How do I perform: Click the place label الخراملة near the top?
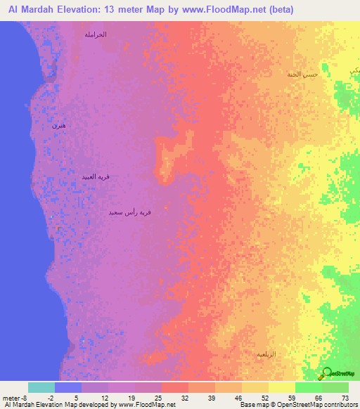click(95, 34)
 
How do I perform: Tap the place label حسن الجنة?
click(303, 74)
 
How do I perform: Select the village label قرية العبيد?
click(96, 177)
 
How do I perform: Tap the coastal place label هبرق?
click(59, 126)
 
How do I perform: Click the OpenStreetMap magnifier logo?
click(326, 374)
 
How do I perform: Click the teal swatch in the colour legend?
click(41, 387)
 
